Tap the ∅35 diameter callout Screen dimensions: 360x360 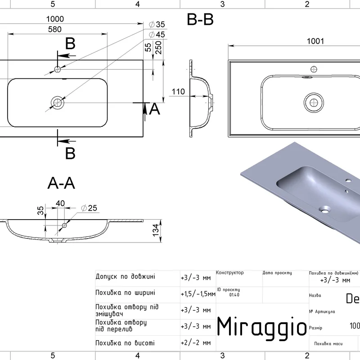pos(157,24)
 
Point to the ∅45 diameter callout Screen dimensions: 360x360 pos(157,34)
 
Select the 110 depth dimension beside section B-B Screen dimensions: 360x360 pos(178,91)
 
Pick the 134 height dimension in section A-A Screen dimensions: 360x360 pos(156,229)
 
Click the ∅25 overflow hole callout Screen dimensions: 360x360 pos(90,208)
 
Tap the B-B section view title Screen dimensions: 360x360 pos(200,20)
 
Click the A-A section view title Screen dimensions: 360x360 pos(61,183)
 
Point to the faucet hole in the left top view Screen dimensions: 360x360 pos(57,68)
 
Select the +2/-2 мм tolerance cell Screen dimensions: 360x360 pos(196,343)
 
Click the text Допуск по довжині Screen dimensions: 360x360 pos(126,277)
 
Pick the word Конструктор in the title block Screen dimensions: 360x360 pos(229,273)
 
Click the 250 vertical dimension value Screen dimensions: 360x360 pos(158,47)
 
